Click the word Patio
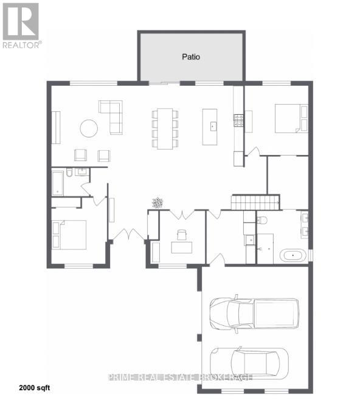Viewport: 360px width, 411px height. point(191,57)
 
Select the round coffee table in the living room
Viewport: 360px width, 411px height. point(89,128)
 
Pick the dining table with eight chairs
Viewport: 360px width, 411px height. point(165,128)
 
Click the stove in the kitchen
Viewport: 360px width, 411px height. point(239,120)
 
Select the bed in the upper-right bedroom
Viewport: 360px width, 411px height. point(289,118)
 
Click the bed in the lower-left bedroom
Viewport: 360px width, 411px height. point(69,234)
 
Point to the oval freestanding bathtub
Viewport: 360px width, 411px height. point(292,255)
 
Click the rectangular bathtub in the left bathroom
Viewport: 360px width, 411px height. point(57,182)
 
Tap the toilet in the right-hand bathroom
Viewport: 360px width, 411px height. point(262,220)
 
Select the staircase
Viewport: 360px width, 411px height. point(255,202)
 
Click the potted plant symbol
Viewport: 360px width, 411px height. point(158,202)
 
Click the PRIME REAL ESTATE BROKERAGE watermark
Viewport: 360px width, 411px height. point(180,377)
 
